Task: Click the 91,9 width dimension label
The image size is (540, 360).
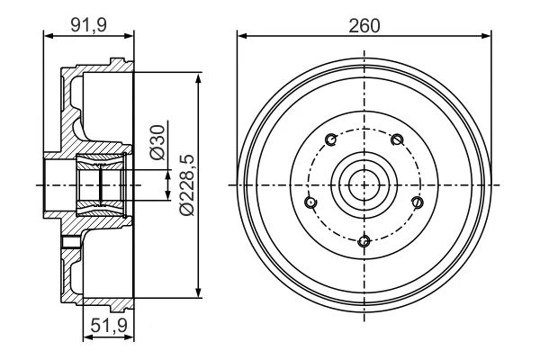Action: (x=88, y=25)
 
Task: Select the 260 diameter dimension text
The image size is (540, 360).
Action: (x=364, y=26)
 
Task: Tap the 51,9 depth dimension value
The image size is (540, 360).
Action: (x=109, y=326)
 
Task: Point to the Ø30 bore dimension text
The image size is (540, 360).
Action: (x=157, y=142)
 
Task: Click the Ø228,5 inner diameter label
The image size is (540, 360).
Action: (x=188, y=185)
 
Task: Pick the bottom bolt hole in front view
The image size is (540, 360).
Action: (x=364, y=241)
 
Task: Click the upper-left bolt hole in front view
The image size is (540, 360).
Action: (x=331, y=139)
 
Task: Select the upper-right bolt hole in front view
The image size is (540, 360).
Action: (x=397, y=139)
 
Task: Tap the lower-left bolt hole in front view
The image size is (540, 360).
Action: (x=311, y=202)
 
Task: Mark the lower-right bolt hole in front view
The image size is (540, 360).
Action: (x=418, y=202)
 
